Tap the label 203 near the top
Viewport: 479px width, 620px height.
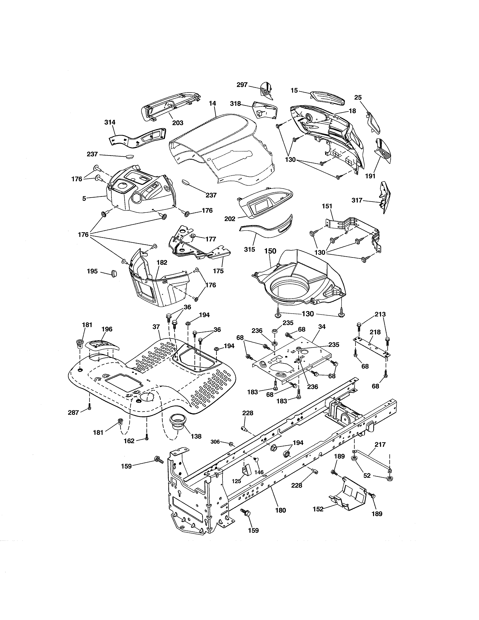(x=178, y=123)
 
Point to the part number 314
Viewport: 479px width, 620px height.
(x=110, y=122)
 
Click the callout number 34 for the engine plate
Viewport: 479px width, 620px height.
(x=322, y=327)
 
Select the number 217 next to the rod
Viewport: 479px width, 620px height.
(x=380, y=444)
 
